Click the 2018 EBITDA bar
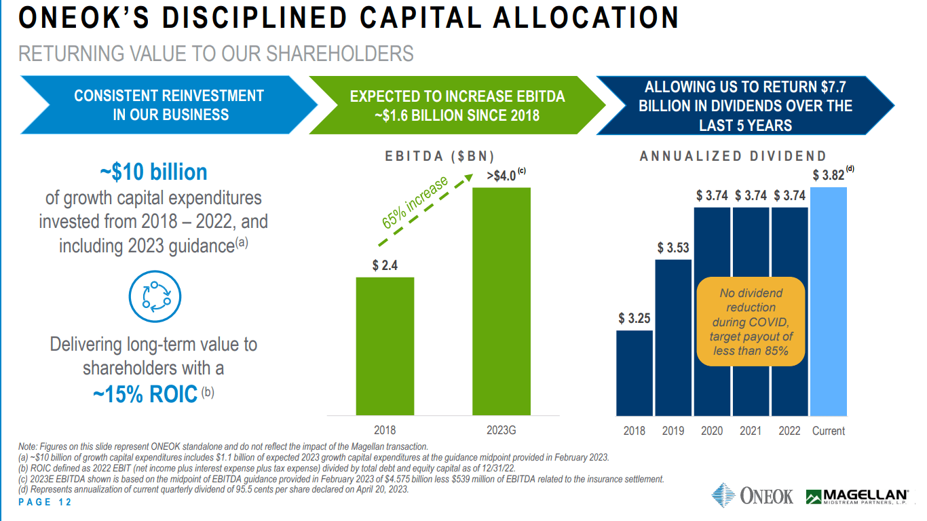(x=385, y=346)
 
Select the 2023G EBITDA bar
(x=502, y=301)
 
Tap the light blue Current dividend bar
(x=828, y=301)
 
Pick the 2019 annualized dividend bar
(x=673, y=337)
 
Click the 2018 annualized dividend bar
(x=635, y=373)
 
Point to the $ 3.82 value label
(x=829, y=175)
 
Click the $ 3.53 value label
(x=673, y=248)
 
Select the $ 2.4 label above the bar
(x=385, y=265)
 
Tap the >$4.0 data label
(x=502, y=176)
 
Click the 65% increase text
(x=415, y=202)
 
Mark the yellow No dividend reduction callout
(x=751, y=322)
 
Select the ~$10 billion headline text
(x=153, y=172)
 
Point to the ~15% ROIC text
(x=145, y=393)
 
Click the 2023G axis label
(x=502, y=430)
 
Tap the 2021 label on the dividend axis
(x=751, y=431)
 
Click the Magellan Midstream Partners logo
(x=856, y=497)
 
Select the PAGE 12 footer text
(x=45, y=503)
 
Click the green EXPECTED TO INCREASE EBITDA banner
(x=457, y=106)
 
